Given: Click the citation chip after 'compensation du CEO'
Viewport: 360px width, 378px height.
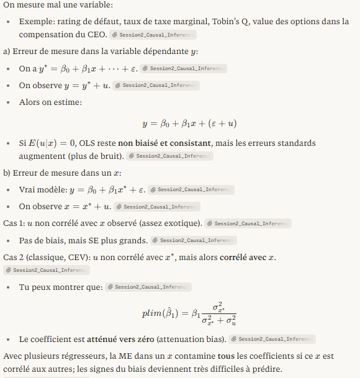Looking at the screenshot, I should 153,35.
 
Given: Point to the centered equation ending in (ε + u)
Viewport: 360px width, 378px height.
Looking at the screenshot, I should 190,124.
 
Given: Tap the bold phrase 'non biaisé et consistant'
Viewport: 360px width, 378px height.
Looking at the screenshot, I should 164,143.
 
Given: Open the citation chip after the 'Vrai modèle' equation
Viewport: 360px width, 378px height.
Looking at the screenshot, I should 192,190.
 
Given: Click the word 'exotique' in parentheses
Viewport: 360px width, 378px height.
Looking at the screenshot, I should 182,223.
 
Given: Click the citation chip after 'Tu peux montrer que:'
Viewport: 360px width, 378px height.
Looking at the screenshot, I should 148,287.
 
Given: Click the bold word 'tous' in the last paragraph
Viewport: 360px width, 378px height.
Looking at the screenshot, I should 226,356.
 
